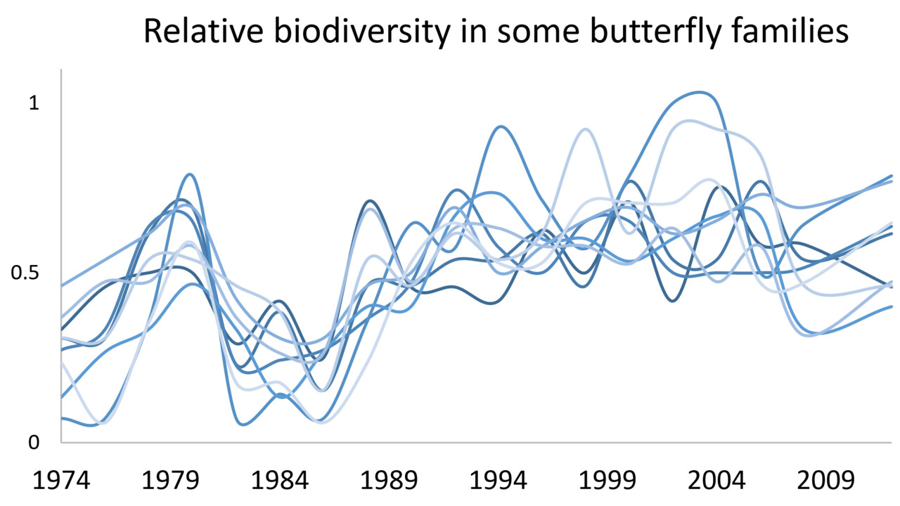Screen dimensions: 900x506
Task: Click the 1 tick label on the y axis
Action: [34, 103]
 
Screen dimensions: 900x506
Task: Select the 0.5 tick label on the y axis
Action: [25, 273]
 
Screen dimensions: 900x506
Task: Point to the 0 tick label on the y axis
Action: [34, 443]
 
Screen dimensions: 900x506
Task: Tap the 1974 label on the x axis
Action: [61, 481]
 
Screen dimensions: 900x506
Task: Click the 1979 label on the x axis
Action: [170, 481]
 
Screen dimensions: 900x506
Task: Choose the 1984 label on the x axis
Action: [280, 481]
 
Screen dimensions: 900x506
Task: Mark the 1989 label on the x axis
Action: [389, 481]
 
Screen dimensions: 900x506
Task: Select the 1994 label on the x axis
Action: [499, 481]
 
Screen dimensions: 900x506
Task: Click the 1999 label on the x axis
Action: [607, 481]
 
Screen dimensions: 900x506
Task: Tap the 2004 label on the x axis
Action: [716, 481]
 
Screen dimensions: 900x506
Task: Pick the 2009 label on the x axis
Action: [826, 481]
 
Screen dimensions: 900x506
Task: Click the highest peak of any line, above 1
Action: [700, 92]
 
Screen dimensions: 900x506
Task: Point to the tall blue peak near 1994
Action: [500, 127]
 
